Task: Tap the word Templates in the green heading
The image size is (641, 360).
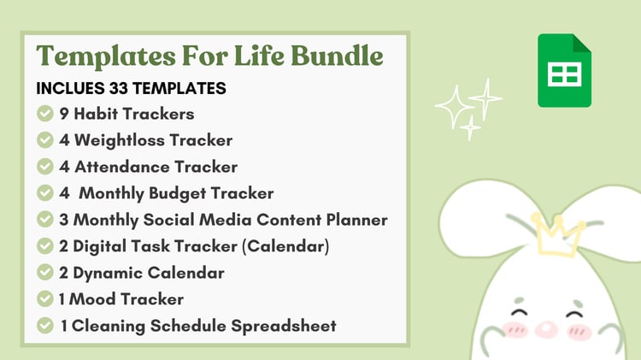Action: tap(106, 56)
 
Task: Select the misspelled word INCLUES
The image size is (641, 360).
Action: tap(70, 88)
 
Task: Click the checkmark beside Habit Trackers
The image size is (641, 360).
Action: tap(45, 114)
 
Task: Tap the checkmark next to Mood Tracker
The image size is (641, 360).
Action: tap(45, 298)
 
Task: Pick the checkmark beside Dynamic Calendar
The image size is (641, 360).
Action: tap(45, 273)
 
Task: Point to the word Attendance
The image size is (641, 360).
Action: tap(122, 167)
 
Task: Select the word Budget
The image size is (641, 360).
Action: tap(177, 193)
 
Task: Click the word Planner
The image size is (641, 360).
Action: tap(356, 220)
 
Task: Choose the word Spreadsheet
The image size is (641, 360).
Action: tap(283, 326)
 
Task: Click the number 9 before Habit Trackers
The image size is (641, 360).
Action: tap(64, 114)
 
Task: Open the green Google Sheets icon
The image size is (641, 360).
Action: tap(565, 70)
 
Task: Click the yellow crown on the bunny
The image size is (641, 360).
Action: tap(558, 236)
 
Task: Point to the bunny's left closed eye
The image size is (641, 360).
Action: tap(519, 313)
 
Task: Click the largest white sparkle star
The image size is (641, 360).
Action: tap(454, 106)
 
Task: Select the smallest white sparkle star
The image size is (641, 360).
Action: tap(471, 127)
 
